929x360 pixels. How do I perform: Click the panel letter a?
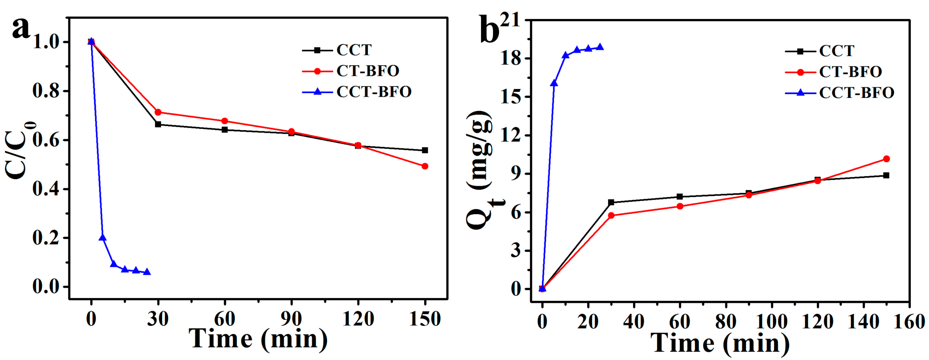[21, 29]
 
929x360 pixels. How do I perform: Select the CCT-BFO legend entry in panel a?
[374, 92]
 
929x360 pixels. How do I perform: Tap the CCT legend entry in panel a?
[353, 50]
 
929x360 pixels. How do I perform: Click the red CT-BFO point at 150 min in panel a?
[425, 166]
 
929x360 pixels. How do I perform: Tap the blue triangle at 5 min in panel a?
[102, 237]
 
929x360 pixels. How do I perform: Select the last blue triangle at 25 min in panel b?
[600, 47]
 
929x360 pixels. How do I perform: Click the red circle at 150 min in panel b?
[886, 159]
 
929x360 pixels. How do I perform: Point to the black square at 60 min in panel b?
[680, 197]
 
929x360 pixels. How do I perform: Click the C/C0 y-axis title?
[20, 150]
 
